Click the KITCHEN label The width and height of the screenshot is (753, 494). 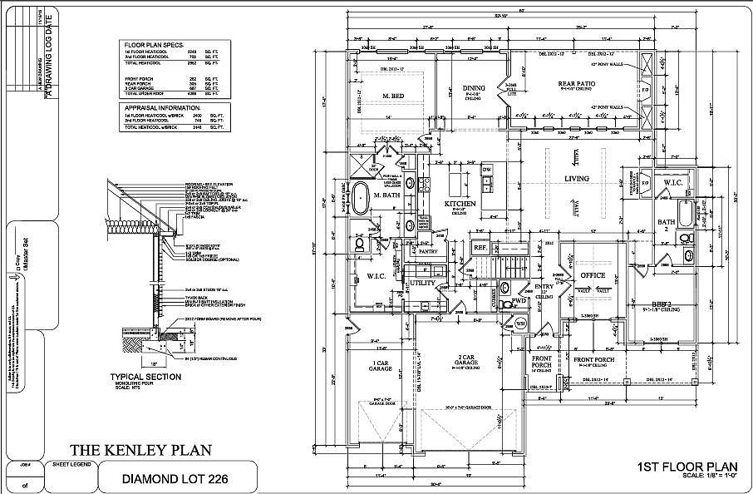click(459, 204)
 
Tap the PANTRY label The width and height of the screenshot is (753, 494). click(428, 250)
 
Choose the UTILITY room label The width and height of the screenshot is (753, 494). click(423, 283)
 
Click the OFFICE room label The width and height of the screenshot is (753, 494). click(593, 275)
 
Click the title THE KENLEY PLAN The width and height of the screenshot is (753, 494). click(140, 450)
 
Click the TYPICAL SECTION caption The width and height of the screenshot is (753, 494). click(145, 377)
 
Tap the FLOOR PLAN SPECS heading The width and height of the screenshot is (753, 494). click(155, 43)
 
